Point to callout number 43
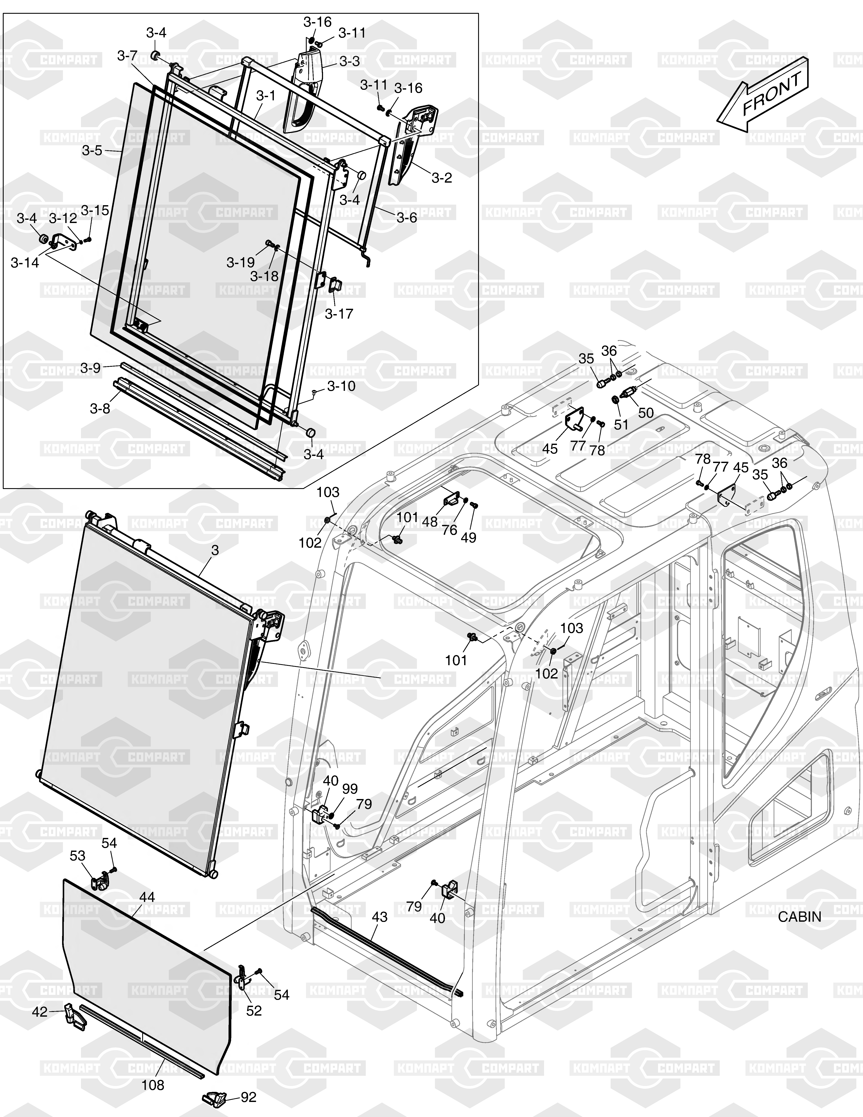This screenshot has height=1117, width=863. (x=379, y=917)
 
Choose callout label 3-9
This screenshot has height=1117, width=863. (x=90, y=368)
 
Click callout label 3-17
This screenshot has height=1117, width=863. (x=339, y=313)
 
